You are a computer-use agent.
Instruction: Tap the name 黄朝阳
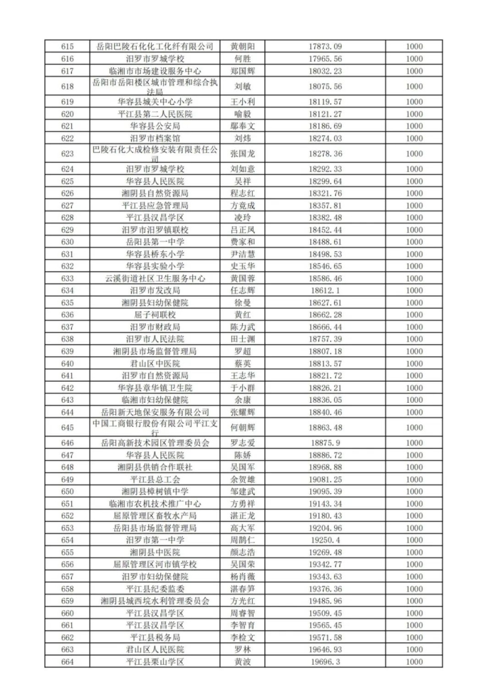click(242, 47)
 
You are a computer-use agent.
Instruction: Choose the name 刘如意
click(242, 169)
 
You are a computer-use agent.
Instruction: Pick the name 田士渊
click(242, 339)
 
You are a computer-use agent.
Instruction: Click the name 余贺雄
click(242, 479)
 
